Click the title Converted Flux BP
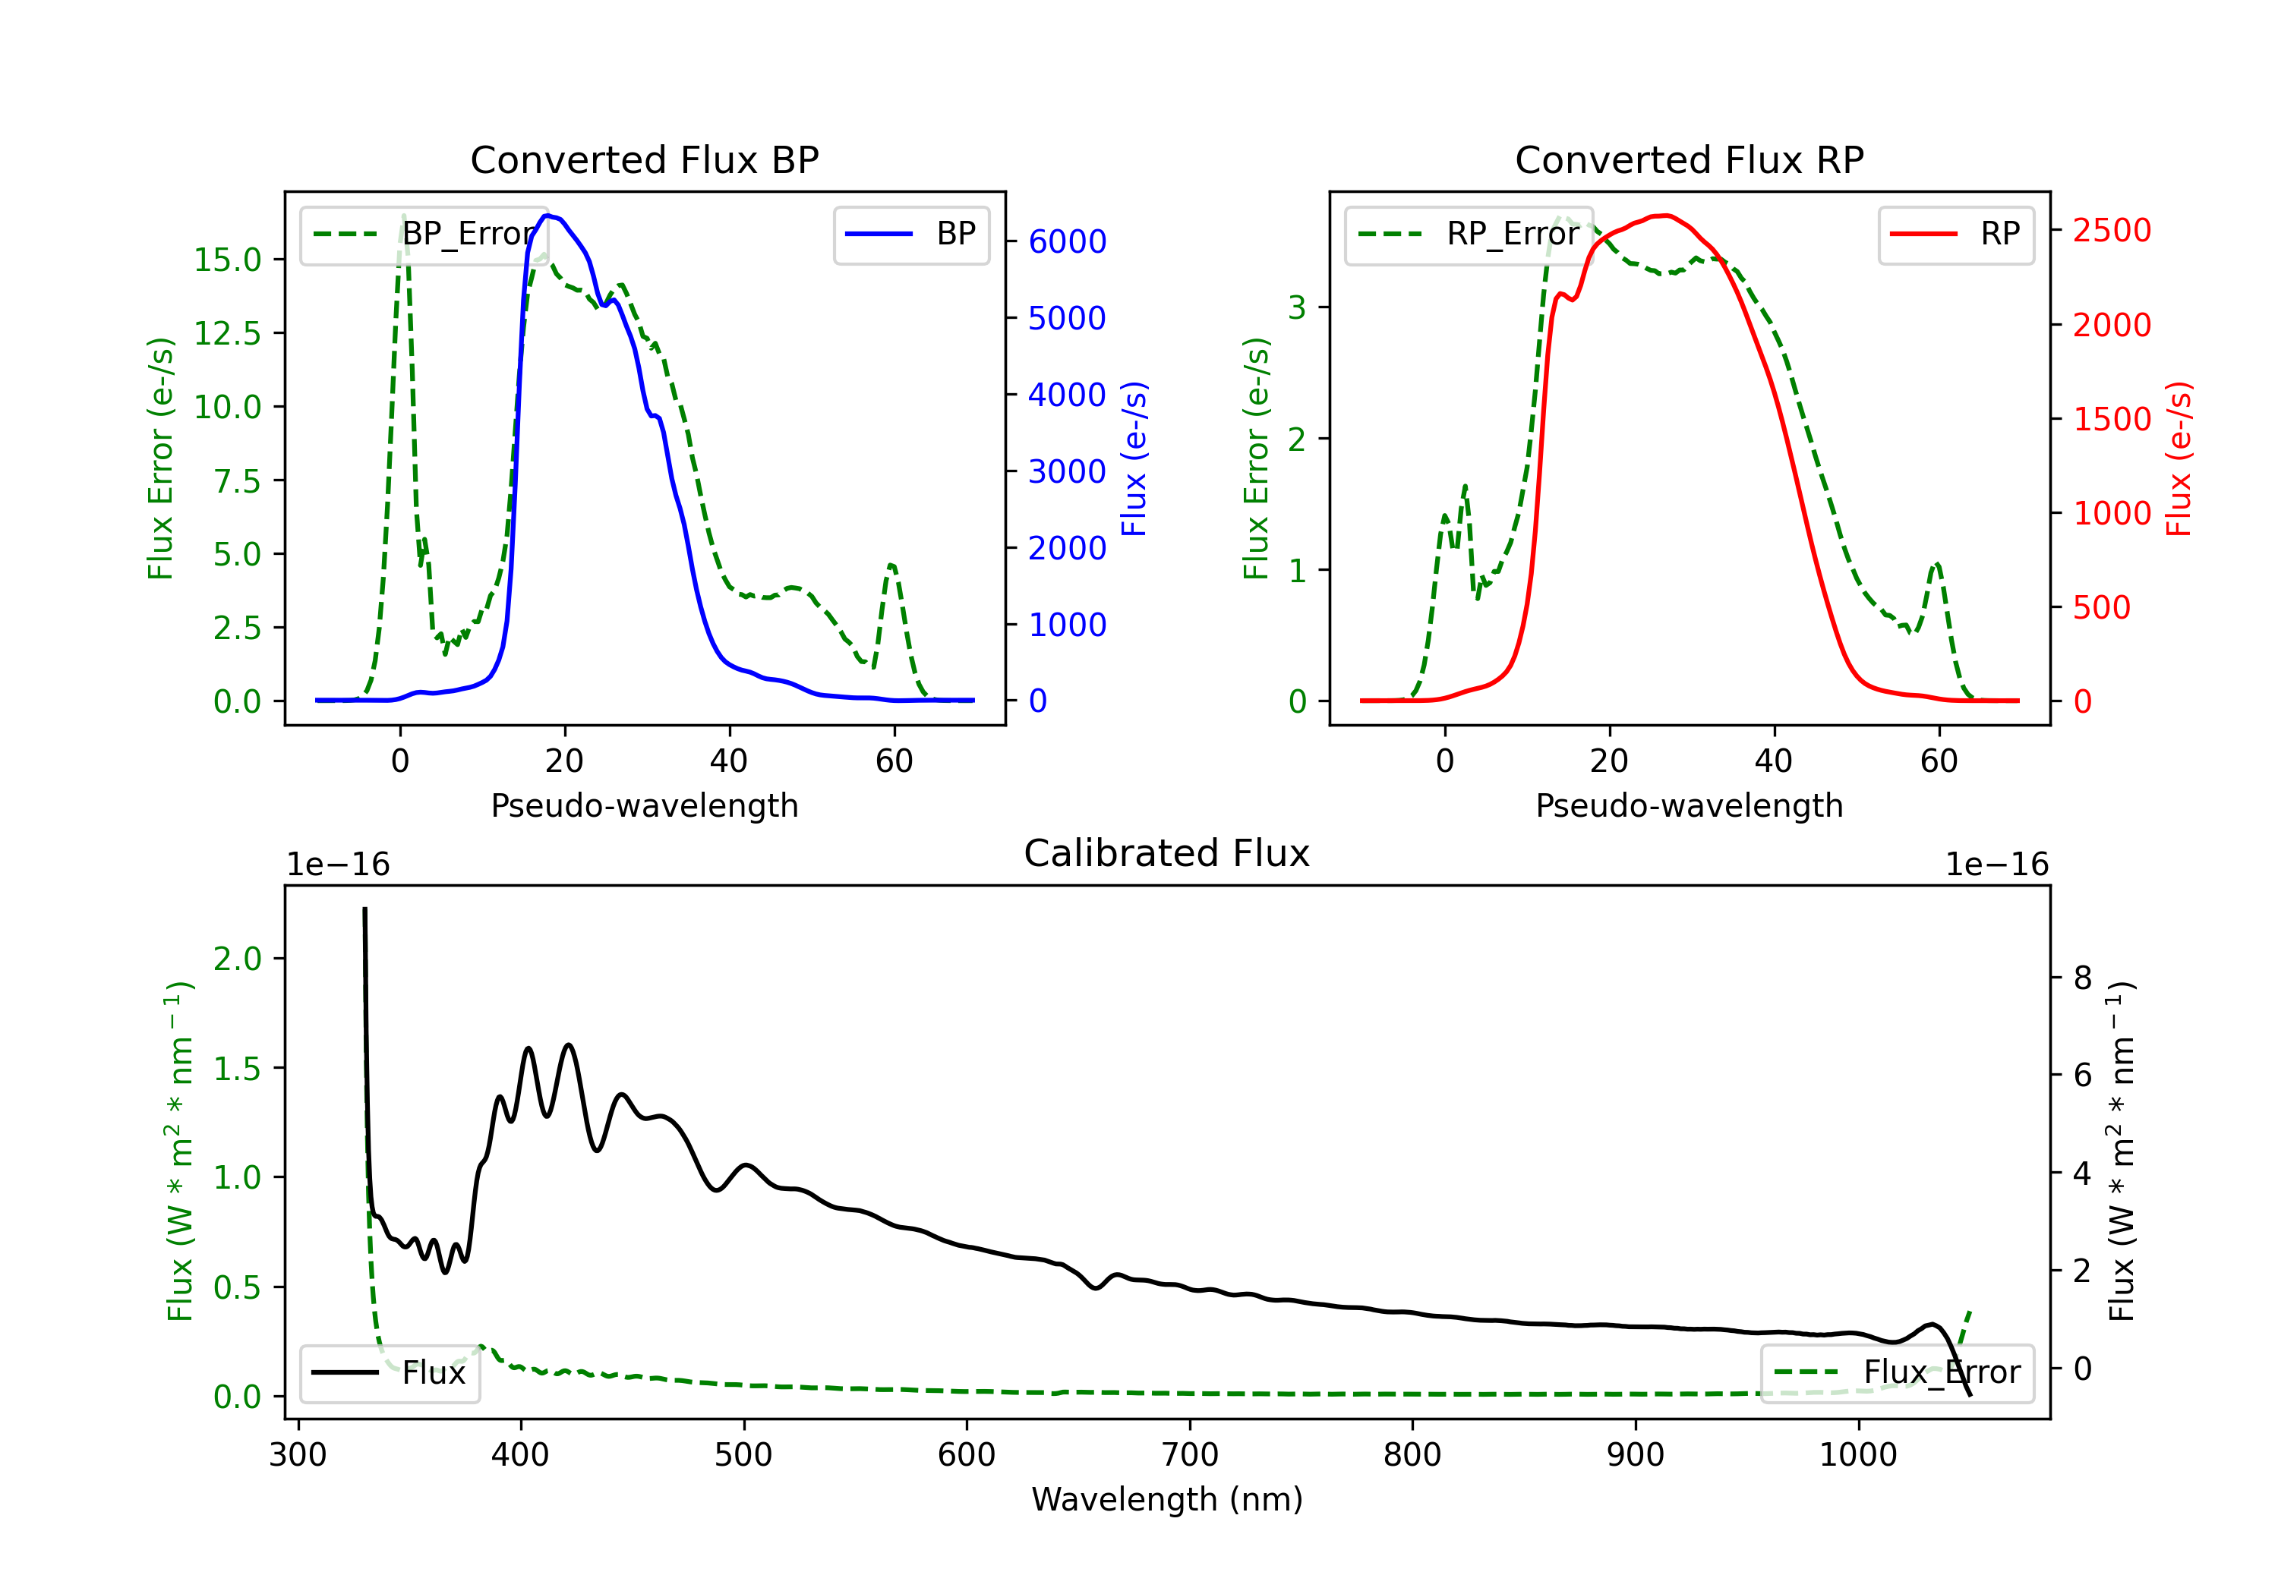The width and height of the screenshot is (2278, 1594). (x=644, y=159)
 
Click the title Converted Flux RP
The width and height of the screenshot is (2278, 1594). (x=1689, y=159)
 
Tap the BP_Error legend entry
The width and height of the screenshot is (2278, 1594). (x=424, y=234)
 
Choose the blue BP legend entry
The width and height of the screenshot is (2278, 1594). (x=910, y=234)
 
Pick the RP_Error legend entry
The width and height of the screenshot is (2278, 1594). (x=1469, y=234)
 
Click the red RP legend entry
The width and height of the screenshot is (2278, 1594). (x=1955, y=234)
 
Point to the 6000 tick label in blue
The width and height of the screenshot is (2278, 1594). (x=1067, y=241)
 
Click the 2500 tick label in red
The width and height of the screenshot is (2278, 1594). (x=2111, y=230)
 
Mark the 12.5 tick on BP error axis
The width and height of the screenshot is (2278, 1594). (x=227, y=333)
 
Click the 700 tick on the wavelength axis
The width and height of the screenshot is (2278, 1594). (x=1190, y=1454)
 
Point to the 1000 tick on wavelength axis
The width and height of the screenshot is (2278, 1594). (x=1858, y=1454)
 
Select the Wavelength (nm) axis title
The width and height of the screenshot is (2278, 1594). (x=1167, y=1499)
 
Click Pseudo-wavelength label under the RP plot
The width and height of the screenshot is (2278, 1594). (x=1689, y=805)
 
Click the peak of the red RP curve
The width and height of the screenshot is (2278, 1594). (x=1665, y=216)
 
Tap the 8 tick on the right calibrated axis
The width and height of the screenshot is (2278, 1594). (x=2083, y=978)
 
